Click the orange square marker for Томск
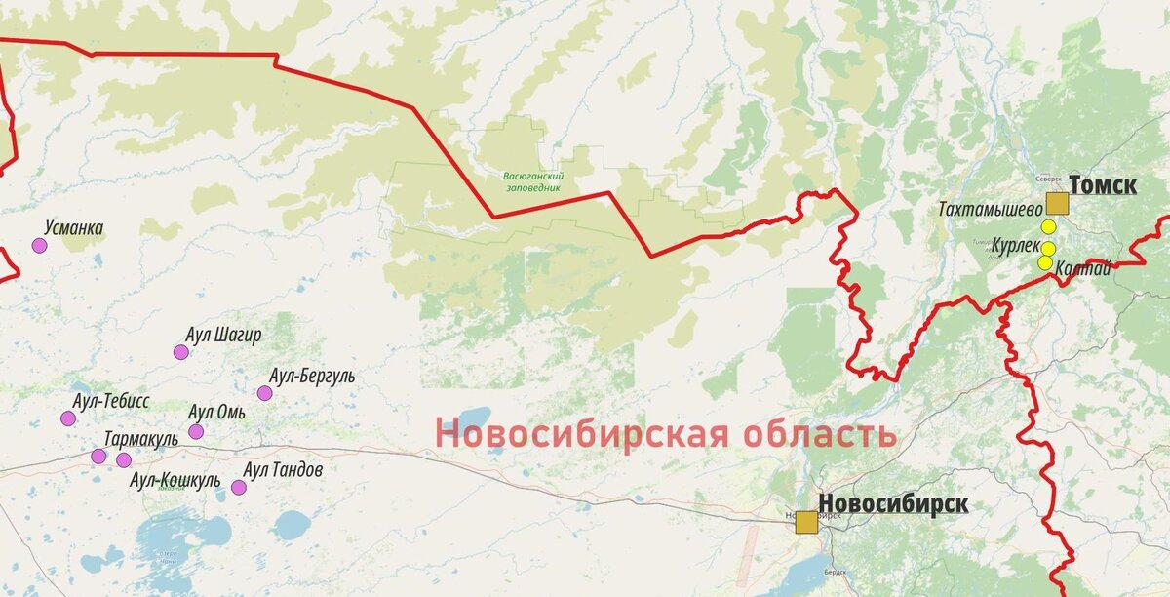click(1057, 204)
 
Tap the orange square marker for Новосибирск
click(806, 522)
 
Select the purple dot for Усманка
click(39, 246)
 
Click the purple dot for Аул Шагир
click(180, 352)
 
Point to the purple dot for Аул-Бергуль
click(264, 393)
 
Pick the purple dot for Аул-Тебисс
click(68, 418)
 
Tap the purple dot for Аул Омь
click(196, 431)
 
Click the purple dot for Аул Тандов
click(239, 487)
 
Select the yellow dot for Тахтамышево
click(1048, 227)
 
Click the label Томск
click(1103, 184)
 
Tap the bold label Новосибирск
click(893, 503)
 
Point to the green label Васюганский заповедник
click(533, 181)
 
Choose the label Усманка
click(74, 228)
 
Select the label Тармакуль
click(141, 439)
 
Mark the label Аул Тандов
click(283, 470)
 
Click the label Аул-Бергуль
click(313, 376)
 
